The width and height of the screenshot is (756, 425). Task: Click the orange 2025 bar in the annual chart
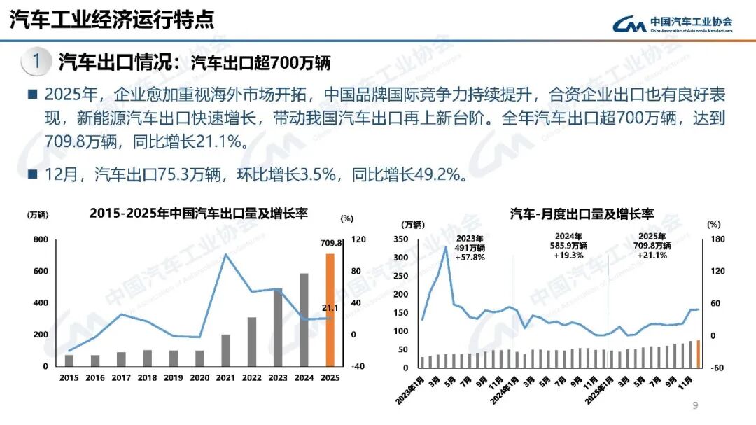click(x=330, y=310)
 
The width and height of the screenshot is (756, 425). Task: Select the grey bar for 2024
click(x=304, y=320)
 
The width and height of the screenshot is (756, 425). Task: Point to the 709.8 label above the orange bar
click(x=330, y=243)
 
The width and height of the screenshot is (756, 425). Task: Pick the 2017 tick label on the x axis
click(x=121, y=377)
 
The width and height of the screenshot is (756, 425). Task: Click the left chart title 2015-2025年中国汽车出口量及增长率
click(x=199, y=214)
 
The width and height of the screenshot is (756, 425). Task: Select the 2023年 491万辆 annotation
click(x=470, y=246)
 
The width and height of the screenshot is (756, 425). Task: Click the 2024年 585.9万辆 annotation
click(x=568, y=246)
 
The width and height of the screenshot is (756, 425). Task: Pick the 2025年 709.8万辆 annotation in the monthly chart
click(x=652, y=246)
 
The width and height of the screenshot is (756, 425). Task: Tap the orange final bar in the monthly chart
click(x=698, y=354)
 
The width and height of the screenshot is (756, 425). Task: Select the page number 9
click(x=695, y=405)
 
